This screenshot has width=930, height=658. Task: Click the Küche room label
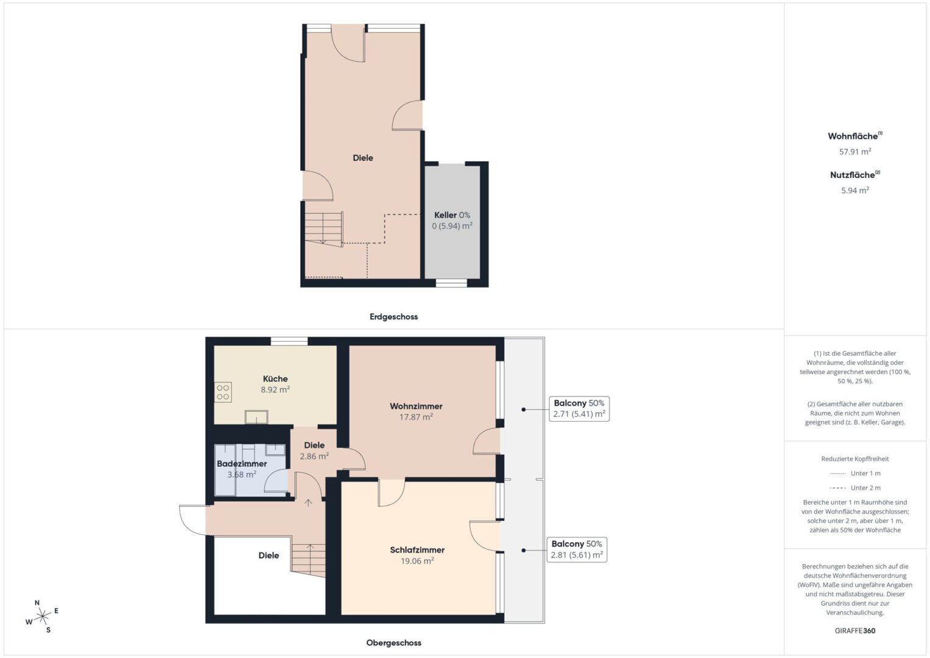click(x=275, y=379)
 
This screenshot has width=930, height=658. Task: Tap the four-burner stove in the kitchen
click(x=223, y=392)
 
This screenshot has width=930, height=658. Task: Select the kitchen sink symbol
click(x=256, y=417)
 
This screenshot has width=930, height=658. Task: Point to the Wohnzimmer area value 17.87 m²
click(x=416, y=417)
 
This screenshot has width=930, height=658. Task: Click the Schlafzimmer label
click(x=417, y=550)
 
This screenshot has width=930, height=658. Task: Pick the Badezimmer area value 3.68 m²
click(x=242, y=475)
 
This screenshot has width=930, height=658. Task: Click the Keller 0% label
click(x=452, y=215)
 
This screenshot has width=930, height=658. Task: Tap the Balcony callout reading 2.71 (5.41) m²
click(x=579, y=409)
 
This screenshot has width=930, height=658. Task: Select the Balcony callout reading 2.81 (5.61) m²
click(x=577, y=550)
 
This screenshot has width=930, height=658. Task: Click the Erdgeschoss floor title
click(x=393, y=317)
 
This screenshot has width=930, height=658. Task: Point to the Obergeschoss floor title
click(x=393, y=643)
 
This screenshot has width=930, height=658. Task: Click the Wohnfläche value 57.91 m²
click(x=855, y=152)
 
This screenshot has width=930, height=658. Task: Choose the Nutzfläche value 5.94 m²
click(x=855, y=190)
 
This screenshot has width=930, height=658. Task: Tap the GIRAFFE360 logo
click(x=855, y=631)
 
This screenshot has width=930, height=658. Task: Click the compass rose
click(x=43, y=617)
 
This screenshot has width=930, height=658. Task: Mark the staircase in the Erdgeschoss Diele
click(x=324, y=228)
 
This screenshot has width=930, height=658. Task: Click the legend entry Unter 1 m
click(x=855, y=473)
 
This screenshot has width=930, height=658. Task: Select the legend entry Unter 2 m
click(x=855, y=487)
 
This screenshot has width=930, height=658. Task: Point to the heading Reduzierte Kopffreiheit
click(x=855, y=459)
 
